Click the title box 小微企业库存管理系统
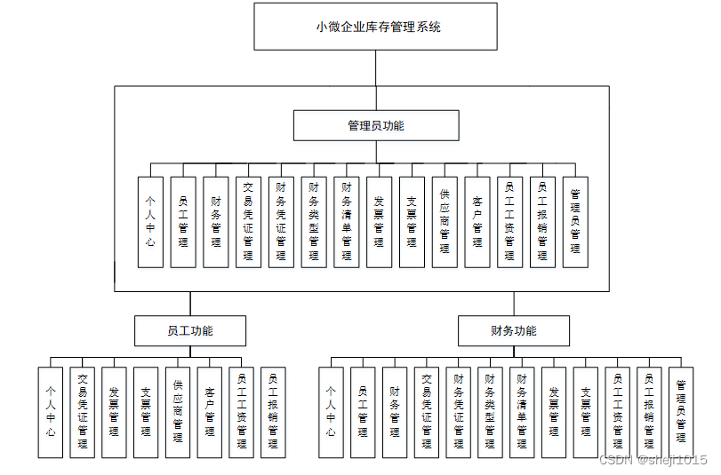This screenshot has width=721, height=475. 375,27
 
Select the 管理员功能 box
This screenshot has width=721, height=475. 375,125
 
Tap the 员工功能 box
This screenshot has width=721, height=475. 189,331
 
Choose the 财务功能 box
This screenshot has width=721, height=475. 514,331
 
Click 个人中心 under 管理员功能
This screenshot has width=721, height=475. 150,222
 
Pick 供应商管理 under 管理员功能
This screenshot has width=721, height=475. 445,222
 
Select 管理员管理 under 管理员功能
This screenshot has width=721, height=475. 575,222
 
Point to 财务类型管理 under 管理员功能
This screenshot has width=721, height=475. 314,222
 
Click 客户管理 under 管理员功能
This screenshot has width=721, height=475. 477,222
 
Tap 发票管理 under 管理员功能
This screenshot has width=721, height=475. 379,222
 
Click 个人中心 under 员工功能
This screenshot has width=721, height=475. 51,412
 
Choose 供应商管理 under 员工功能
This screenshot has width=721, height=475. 178,412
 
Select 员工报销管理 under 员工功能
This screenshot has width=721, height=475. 273,412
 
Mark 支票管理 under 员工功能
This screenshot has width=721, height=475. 146,412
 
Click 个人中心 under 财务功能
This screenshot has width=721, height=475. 331,412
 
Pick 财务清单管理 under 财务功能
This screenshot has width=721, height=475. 522,412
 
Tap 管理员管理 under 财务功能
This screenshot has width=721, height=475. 681,412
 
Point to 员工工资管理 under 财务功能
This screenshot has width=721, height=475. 617,412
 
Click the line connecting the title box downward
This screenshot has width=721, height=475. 375,67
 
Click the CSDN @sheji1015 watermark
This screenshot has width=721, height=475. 653,459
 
